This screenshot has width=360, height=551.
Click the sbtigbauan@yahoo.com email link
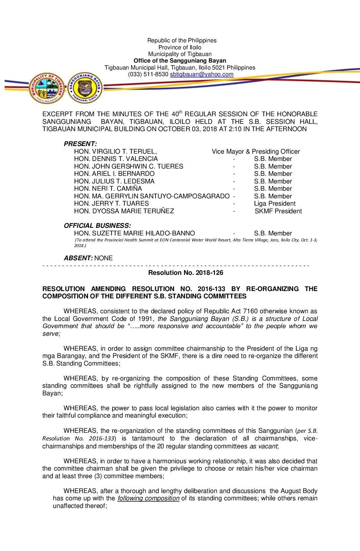[x=202, y=75]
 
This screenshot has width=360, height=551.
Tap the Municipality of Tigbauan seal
[x=47, y=88]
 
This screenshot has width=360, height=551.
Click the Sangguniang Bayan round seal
[x=85, y=88]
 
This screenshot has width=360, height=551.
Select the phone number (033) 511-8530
[x=148, y=75]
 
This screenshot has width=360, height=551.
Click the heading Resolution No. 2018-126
[x=186, y=273]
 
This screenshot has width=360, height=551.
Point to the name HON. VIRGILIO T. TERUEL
[x=115, y=152]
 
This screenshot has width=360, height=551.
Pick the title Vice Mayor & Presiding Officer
[x=256, y=152]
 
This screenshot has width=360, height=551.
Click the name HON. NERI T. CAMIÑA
[x=108, y=189]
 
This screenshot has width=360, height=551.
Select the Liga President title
[x=275, y=204]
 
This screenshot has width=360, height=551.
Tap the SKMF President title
[x=278, y=211]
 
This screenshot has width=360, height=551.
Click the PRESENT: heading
[x=80, y=144]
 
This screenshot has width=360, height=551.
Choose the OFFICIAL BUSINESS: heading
[x=97, y=226]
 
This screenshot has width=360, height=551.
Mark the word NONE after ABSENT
[x=104, y=258]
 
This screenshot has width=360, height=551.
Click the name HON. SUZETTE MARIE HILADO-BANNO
[x=134, y=233]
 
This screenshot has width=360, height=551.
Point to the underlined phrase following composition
[x=148, y=498]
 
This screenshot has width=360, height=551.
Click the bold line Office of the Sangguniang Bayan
[x=180, y=61]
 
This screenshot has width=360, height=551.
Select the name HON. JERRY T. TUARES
[x=112, y=204]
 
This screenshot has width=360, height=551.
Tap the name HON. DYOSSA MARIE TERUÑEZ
[x=124, y=211]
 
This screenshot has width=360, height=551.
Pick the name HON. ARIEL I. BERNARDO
[x=114, y=174]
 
